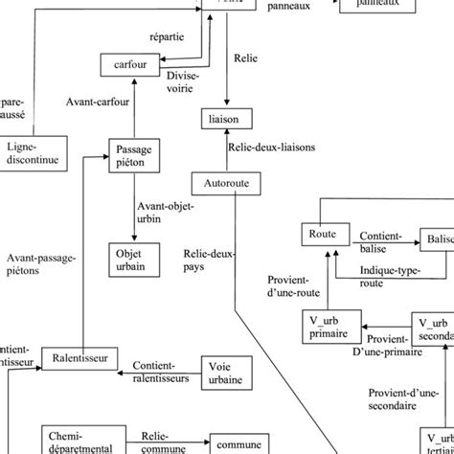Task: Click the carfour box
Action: coord(128,65)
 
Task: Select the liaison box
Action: coord(228,117)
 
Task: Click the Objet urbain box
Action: coord(130,260)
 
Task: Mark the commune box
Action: coord(237,443)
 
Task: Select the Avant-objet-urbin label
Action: coord(165,212)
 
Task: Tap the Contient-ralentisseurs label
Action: coord(165,398)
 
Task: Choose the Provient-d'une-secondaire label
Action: coord(407,398)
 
